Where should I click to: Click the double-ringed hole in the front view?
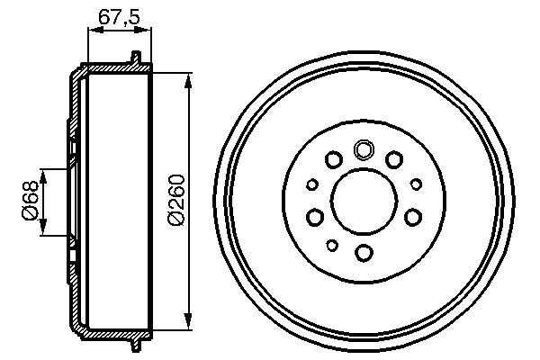tap(364, 150)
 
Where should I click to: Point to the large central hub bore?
tap(364, 201)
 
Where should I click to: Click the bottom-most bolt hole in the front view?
tap(364, 252)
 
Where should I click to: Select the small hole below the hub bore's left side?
tap(331, 246)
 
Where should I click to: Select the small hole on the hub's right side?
tap(416, 184)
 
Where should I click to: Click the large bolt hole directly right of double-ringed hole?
tap(393, 160)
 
